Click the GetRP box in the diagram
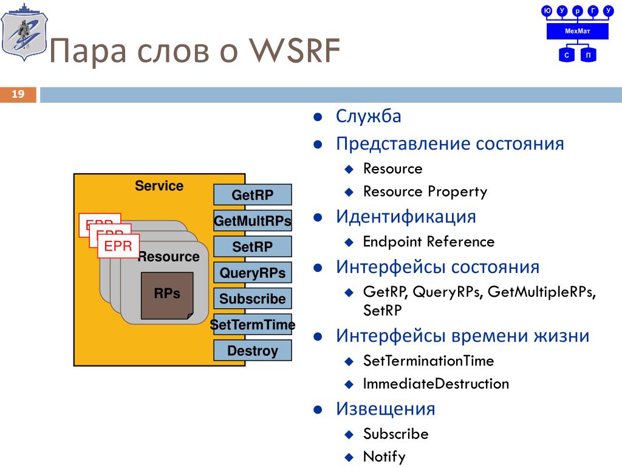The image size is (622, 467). tap(253, 195)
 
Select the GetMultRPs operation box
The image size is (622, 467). tap(253, 220)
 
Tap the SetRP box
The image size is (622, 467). tap(253, 246)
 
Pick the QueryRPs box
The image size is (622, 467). tap(253, 272)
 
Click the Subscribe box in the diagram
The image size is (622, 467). tap(253, 299)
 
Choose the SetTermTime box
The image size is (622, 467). tap(253, 325)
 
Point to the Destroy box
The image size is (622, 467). tap(253, 351)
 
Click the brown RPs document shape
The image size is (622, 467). tap(167, 296)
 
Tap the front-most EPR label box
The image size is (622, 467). tap(118, 246)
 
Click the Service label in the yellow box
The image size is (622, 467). tap(159, 186)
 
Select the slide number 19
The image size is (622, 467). tap(18, 94)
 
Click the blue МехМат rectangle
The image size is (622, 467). tap(577, 31)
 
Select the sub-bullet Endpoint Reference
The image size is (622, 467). tap(429, 241)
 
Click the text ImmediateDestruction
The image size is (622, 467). tap(436, 384)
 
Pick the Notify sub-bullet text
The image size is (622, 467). tap(384, 457)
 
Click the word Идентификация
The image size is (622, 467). tap(406, 216)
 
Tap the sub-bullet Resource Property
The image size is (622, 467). tap(425, 192)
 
